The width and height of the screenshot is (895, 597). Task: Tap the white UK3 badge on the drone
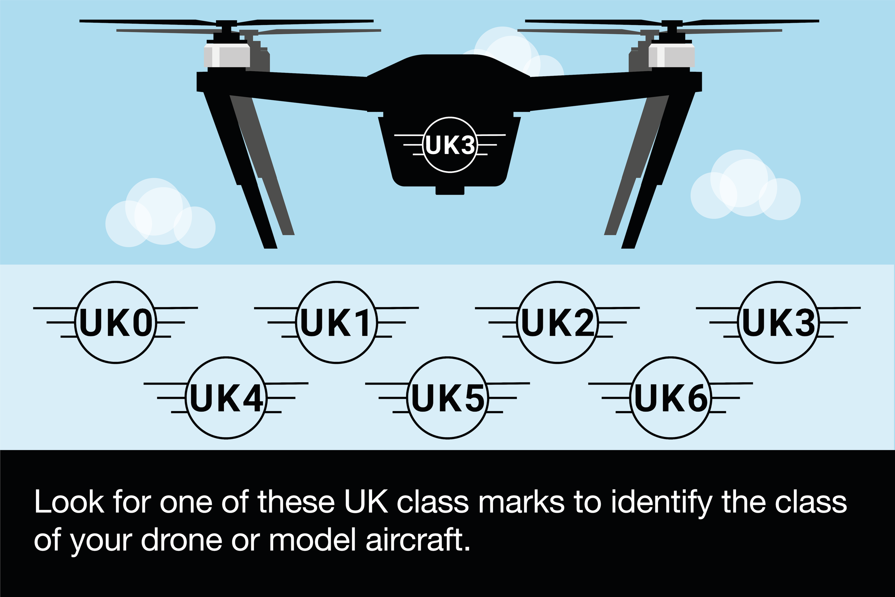tap(450, 145)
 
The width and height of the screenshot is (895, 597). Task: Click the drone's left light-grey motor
tap(227, 55)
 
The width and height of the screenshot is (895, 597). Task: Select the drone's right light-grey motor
tap(671, 55)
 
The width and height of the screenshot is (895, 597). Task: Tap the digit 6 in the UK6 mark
tap(695, 398)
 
